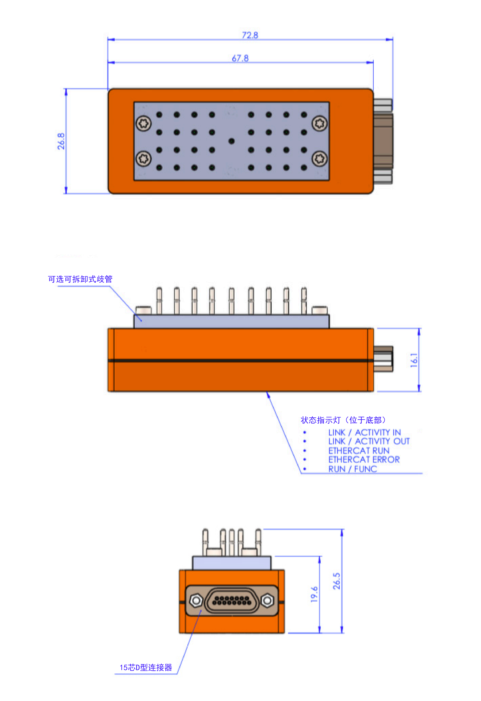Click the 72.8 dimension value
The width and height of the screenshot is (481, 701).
click(250, 35)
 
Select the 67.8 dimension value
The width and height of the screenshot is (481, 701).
click(240, 58)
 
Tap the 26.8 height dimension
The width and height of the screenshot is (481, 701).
click(61, 141)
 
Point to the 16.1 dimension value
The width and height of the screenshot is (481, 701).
click(414, 360)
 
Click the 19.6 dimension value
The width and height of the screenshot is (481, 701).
click(314, 594)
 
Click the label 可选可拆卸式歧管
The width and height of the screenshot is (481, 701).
click(80, 279)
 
